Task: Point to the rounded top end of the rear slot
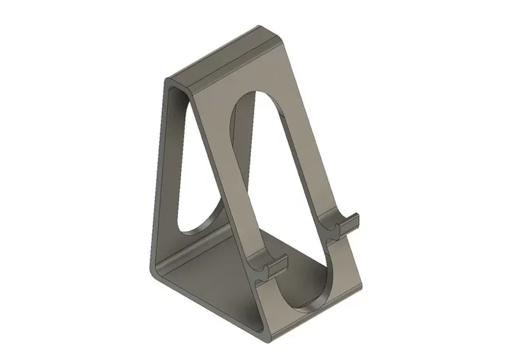coord(179,96)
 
